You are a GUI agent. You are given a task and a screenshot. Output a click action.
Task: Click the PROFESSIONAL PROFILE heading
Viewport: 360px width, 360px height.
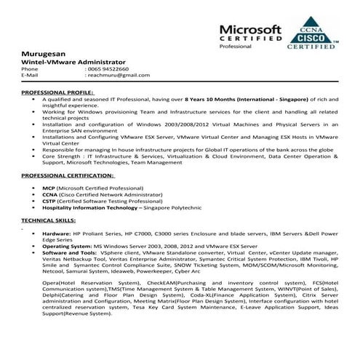tap(57, 93)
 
